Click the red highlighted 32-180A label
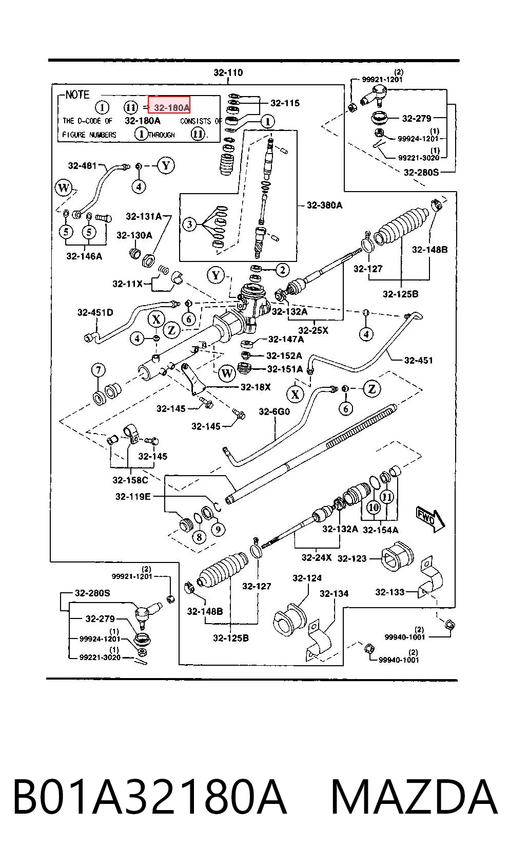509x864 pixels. click(x=169, y=105)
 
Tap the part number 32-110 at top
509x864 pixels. click(x=228, y=72)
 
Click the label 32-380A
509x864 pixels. click(x=324, y=205)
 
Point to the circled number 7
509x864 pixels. click(x=98, y=370)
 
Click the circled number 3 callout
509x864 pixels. click(x=189, y=224)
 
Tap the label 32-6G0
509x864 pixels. click(x=274, y=411)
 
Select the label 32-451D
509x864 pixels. click(x=95, y=312)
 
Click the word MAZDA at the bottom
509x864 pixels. click(x=414, y=797)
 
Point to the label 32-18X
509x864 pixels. click(x=256, y=387)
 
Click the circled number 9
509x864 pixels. click(x=218, y=529)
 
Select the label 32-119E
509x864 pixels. click(x=133, y=496)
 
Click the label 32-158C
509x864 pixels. click(x=130, y=480)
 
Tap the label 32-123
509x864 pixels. click(x=352, y=558)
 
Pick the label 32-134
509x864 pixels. click(x=334, y=594)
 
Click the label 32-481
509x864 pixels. click(x=82, y=165)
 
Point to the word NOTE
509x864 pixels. click(x=77, y=95)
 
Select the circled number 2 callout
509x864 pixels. click(x=282, y=270)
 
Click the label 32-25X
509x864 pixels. click(x=314, y=330)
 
